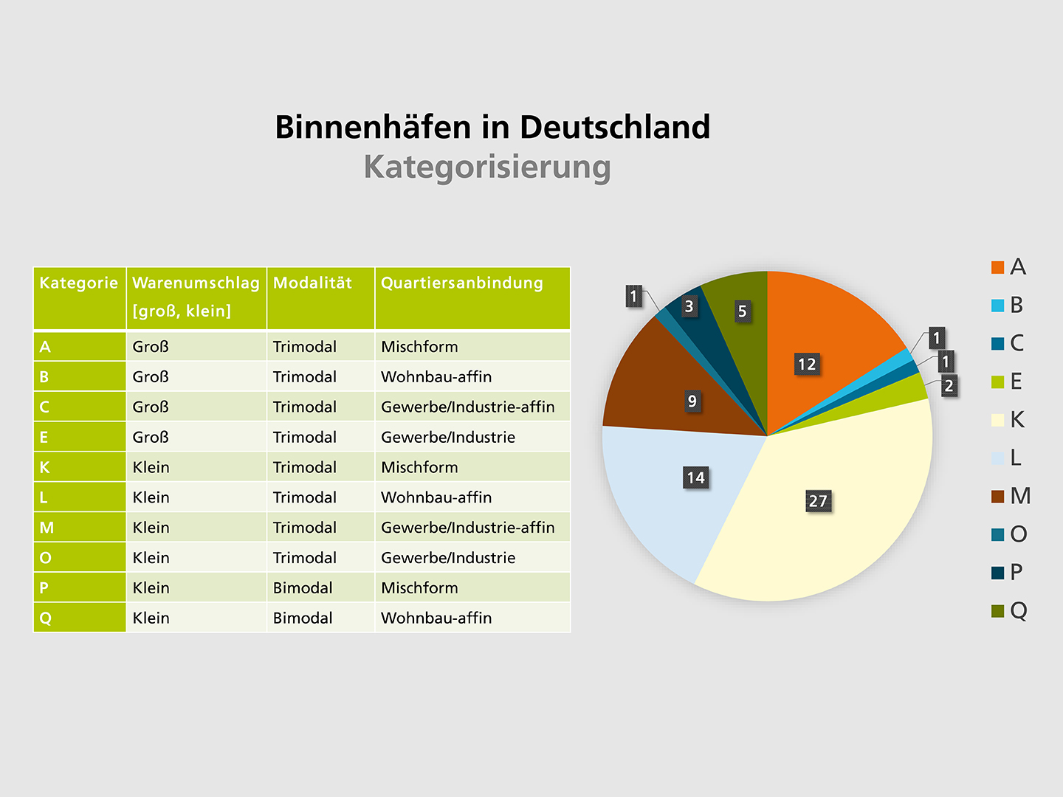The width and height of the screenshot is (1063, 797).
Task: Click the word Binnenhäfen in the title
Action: (373, 128)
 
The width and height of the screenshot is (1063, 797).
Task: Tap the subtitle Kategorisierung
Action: (487, 167)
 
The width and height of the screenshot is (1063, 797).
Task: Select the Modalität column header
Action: (312, 283)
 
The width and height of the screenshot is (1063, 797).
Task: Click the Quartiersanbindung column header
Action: (462, 283)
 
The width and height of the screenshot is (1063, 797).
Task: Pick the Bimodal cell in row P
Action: (303, 588)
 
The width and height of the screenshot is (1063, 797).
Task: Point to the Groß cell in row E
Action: (151, 437)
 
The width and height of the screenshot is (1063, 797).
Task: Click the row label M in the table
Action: (47, 528)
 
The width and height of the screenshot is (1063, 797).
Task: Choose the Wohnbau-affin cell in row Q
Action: (436, 618)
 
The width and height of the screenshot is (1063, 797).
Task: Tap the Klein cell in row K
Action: (151, 467)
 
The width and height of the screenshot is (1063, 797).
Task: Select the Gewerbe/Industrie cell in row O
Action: (448, 558)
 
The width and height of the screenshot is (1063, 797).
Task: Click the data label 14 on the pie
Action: (695, 477)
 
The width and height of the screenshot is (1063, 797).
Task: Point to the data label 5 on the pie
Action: (743, 311)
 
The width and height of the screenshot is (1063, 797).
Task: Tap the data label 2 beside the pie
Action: (949, 385)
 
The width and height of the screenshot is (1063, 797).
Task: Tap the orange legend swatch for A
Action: (998, 267)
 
